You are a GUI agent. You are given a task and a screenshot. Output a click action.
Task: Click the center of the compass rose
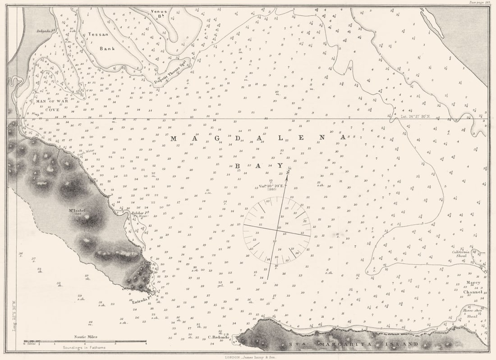point(277,230)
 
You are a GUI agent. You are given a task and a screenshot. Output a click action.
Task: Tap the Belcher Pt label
point(137,213)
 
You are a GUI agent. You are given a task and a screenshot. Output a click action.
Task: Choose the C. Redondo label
point(220,337)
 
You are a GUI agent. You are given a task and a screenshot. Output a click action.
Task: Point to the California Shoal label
point(461,255)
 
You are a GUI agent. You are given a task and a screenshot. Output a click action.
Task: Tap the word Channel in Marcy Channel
point(473,292)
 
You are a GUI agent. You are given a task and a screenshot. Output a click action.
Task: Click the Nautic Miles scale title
point(86,337)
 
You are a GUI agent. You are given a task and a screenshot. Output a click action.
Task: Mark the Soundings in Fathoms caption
point(85,347)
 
